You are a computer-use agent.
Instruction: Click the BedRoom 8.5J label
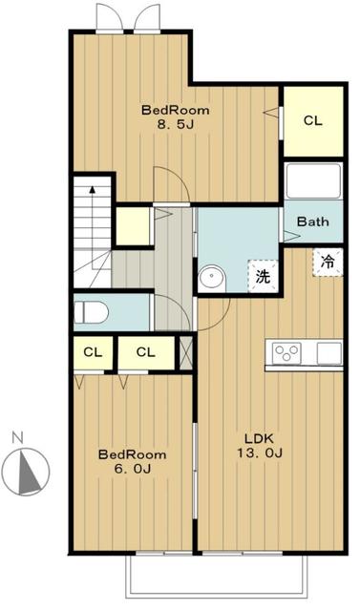(176, 116)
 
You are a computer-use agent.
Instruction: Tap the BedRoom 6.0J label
(132, 461)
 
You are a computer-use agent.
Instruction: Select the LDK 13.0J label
(259, 446)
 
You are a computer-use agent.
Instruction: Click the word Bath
(312, 221)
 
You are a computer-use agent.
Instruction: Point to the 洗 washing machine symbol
(263, 276)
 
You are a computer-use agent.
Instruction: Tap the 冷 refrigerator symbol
(328, 262)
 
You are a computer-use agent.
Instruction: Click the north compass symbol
(26, 472)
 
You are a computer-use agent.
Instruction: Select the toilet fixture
(91, 312)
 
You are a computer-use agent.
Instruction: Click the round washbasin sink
(212, 277)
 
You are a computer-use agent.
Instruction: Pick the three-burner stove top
(286, 353)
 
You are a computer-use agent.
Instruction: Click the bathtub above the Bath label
(313, 181)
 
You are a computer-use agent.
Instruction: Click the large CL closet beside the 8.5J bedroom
(313, 121)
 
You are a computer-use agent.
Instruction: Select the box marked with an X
(186, 352)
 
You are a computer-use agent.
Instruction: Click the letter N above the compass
(17, 437)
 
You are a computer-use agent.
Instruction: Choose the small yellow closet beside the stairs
(133, 226)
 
